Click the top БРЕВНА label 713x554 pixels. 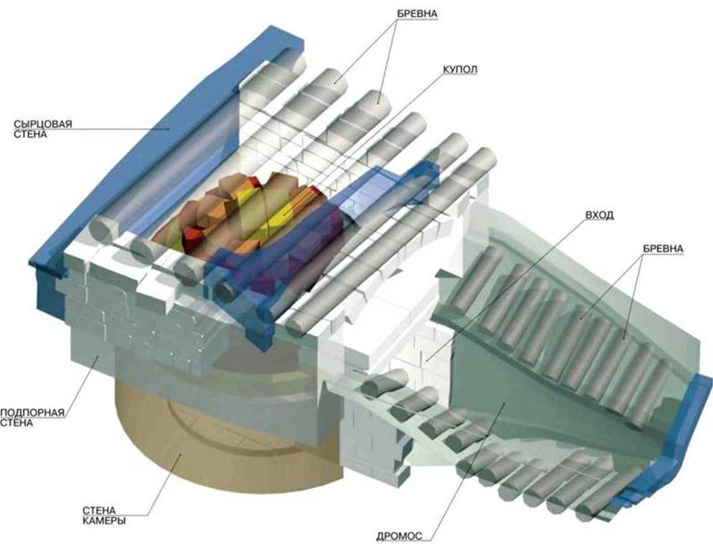[x=417, y=13]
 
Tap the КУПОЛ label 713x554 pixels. [x=460, y=70]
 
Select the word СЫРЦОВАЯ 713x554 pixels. [x=43, y=123]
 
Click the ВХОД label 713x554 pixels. [x=599, y=214]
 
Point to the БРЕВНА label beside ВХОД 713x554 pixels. [x=663, y=248]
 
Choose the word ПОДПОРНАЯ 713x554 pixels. [x=32, y=413]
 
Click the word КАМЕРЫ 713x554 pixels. [x=105, y=520]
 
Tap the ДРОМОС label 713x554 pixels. [x=398, y=536]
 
